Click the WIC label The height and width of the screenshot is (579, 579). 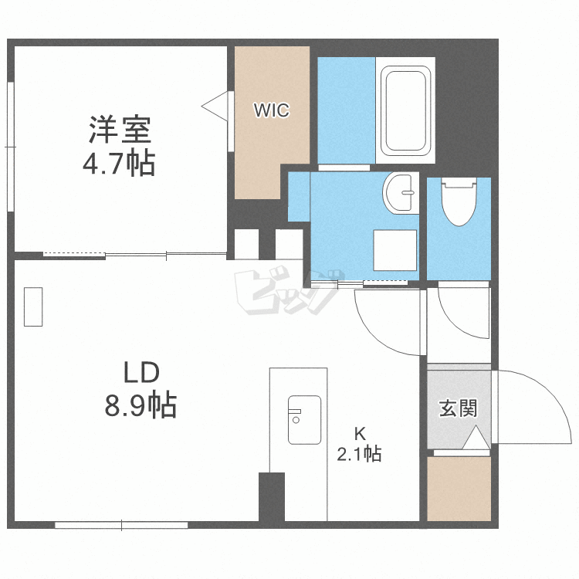coord(272,110)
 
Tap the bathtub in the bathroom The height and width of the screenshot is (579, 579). coord(405,110)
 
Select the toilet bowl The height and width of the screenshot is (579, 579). coord(459,201)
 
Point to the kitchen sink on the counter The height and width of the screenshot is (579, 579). coord(304,420)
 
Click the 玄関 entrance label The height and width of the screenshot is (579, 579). coord(459,408)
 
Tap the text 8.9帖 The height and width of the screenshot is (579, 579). coord(141,405)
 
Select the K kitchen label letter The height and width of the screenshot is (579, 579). coord(360,434)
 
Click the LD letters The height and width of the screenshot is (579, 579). coord(141,372)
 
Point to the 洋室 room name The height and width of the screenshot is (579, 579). coord(120,130)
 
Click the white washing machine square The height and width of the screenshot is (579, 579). coord(394,250)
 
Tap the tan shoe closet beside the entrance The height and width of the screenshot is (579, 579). coord(459,489)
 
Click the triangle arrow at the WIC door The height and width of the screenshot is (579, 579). coord(215,106)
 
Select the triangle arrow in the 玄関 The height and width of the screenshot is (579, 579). coord(476,437)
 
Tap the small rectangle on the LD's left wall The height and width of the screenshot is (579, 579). coord(33,306)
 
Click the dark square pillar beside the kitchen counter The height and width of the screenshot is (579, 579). coord(272,496)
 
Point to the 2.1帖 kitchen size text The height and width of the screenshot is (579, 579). coord(359,454)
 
